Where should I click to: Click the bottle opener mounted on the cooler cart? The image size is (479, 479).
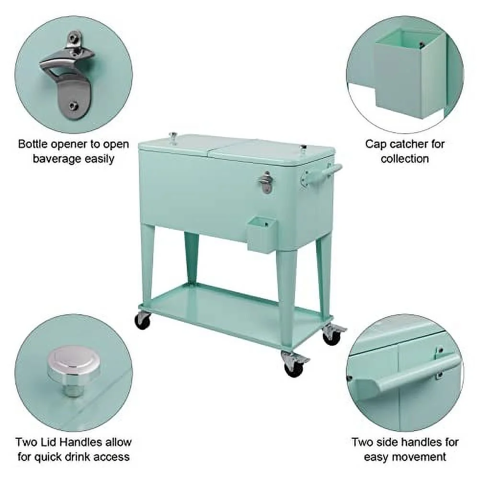(x=266, y=182)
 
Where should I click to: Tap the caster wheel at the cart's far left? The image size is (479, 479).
(x=142, y=320)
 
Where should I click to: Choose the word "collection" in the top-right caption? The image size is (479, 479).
(x=405, y=159)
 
